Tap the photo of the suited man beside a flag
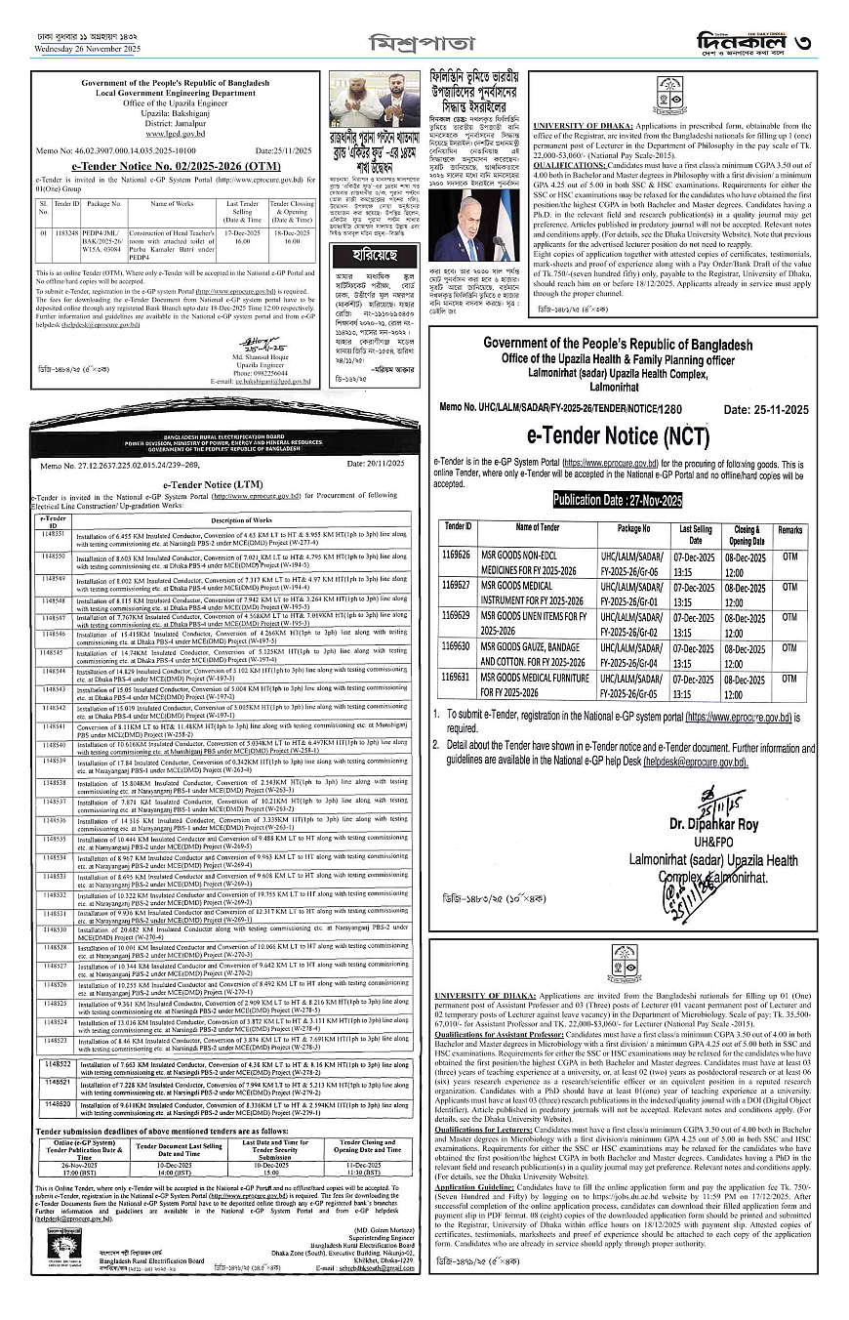tap(475, 226)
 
